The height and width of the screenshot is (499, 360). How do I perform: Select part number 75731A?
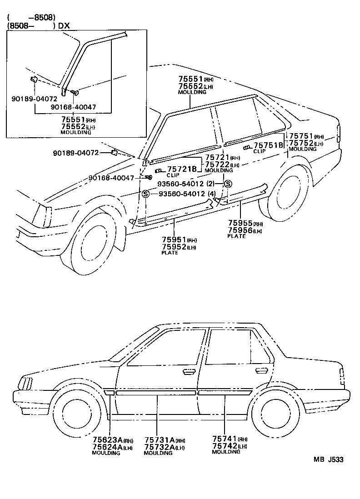coord(160,440)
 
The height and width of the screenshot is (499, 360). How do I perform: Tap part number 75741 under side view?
coord(224,439)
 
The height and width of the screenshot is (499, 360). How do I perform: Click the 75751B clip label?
coord(271,145)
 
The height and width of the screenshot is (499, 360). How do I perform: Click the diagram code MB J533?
coord(327,459)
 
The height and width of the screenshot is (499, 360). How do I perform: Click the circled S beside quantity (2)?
coord(228,184)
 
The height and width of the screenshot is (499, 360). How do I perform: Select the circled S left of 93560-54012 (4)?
coord(146,194)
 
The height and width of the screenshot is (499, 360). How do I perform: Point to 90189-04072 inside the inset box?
coord(34,98)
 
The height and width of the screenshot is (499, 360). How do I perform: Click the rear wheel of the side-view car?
coord(271,412)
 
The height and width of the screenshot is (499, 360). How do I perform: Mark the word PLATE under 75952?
coord(170,253)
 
